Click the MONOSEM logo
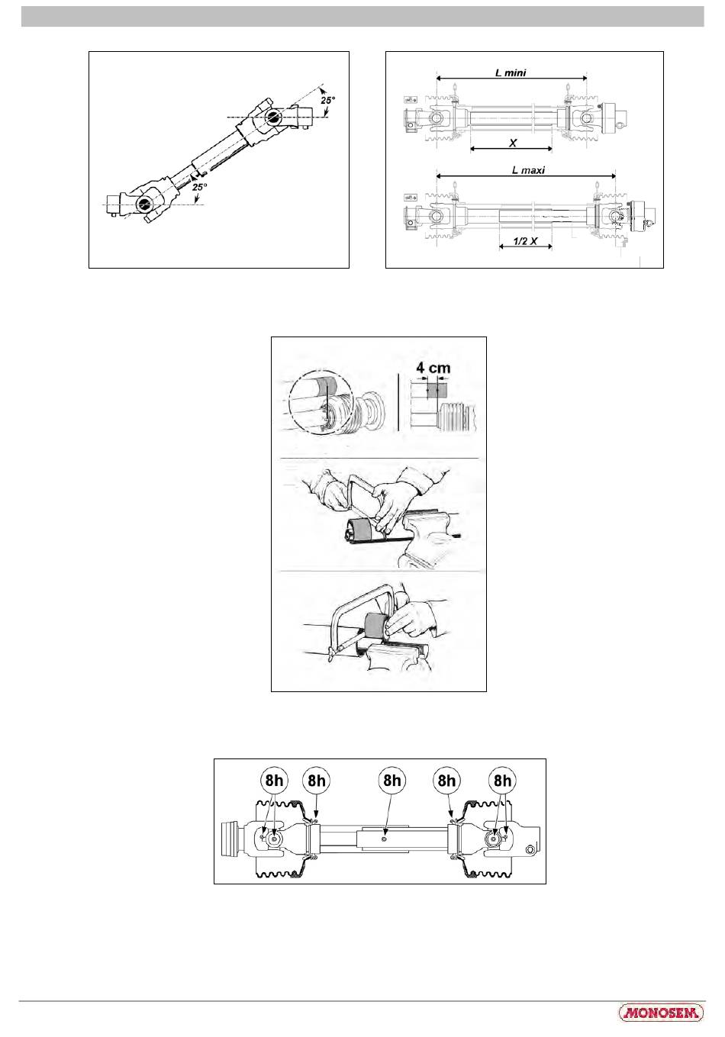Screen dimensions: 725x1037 pyautogui.click(x=660, y=1013)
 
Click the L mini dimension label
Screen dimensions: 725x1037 pyautogui.click(x=511, y=72)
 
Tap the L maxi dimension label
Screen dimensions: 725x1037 pyautogui.click(x=528, y=170)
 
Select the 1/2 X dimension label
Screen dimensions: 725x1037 pyautogui.click(x=525, y=241)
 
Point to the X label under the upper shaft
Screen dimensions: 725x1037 pyautogui.click(x=513, y=143)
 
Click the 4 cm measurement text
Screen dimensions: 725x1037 pyautogui.click(x=433, y=368)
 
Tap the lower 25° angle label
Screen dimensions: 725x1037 pyautogui.click(x=199, y=187)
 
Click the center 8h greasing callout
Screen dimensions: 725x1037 pyautogui.click(x=391, y=780)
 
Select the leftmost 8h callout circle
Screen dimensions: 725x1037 pyautogui.click(x=274, y=780)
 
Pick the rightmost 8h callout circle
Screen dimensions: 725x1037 pyautogui.click(x=502, y=780)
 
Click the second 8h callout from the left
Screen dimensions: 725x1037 pyautogui.click(x=317, y=781)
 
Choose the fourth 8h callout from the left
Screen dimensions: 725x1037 pyautogui.click(x=446, y=781)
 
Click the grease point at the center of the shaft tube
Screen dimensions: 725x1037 pyautogui.click(x=384, y=839)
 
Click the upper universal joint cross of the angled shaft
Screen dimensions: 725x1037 pyautogui.click(x=274, y=117)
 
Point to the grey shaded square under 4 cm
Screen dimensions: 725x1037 pyautogui.click(x=437, y=390)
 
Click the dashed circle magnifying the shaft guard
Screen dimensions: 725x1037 pyautogui.click(x=321, y=401)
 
